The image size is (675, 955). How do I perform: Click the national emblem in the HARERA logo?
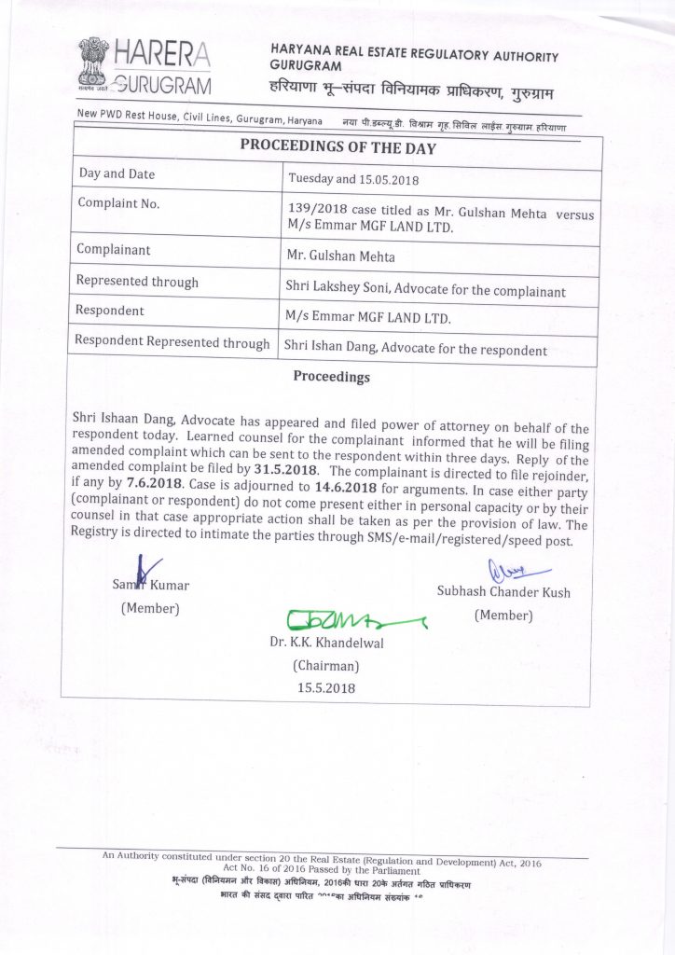pyautogui.click(x=93, y=62)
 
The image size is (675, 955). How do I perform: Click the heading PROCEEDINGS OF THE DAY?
pyautogui.click(x=337, y=147)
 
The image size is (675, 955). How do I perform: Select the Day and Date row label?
pyautogui.click(x=117, y=174)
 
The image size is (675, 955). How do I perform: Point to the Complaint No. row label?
pyautogui.click(x=118, y=202)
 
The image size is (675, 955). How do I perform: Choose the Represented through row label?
pyautogui.click(x=137, y=281)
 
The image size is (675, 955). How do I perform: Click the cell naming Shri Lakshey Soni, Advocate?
pyautogui.click(x=425, y=290)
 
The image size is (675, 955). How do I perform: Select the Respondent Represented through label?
pyautogui.click(x=172, y=342)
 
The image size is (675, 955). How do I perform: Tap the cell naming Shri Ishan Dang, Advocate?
pyautogui.click(x=416, y=350)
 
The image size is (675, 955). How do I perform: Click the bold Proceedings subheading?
pyautogui.click(x=331, y=378)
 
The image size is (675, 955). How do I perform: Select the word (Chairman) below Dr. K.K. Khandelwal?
pyautogui.click(x=325, y=666)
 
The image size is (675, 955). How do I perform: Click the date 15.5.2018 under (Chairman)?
pyautogui.click(x=325, y=688)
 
